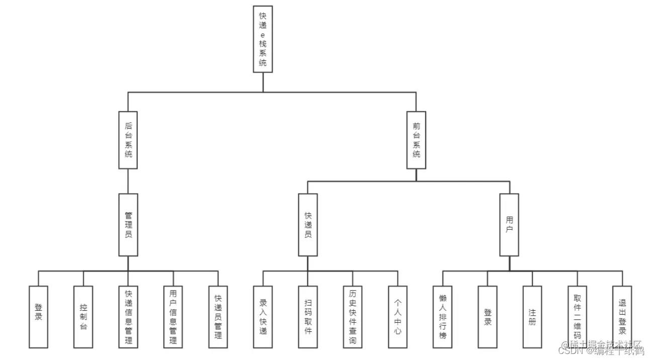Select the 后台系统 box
[128, 140]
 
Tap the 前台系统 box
[416, 140]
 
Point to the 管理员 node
[128, 225]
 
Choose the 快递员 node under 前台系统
[308, 225]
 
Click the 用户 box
[509, 225]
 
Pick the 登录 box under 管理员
[38, 317]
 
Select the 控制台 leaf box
[83, 317]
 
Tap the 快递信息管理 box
[128, 317]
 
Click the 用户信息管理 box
[173, 317]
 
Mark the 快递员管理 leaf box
[218, 317]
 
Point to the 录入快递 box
[263, 317]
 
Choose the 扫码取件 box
[308, 317]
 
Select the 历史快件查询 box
[352, 317]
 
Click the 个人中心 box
[398, 317]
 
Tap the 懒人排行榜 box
[442, 317]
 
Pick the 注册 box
[532, 317]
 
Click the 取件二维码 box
[577, 317]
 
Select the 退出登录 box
[622, 317]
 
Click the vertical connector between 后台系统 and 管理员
[128, 181]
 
